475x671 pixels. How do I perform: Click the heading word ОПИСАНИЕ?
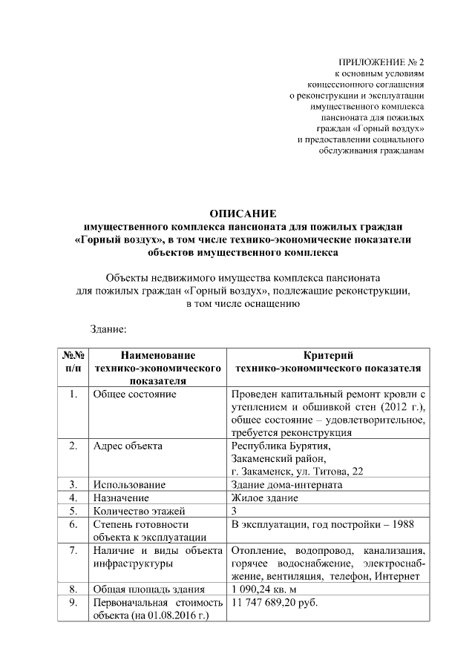243,213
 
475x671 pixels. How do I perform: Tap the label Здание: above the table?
110,327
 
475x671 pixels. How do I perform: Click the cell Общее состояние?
134,394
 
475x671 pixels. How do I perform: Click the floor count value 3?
235,511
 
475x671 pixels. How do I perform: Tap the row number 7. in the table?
73,551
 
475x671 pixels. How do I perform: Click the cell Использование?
129,485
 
